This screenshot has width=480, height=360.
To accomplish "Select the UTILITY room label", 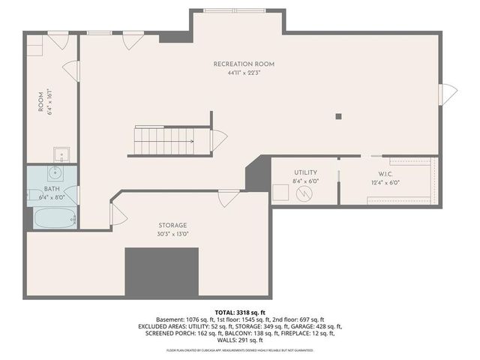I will (x=305, y=172).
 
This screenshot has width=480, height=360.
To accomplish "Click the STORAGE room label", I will (x=172, y=225).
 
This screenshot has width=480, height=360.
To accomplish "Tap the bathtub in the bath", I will (x=52, y=219).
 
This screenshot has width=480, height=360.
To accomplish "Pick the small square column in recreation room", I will (x=339, y=116).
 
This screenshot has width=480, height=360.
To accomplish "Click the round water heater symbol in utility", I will (x=304, y=195).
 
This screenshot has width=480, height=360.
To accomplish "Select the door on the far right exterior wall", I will (x=448, y=94).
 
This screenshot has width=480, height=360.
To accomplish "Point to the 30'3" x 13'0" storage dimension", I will (x=172, y=233).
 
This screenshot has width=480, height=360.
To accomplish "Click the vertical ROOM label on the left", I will (x=42, y=103).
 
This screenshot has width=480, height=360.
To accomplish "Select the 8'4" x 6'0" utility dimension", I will (x=305, y=181).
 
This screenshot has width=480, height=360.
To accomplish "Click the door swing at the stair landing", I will (x=219, y=140).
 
